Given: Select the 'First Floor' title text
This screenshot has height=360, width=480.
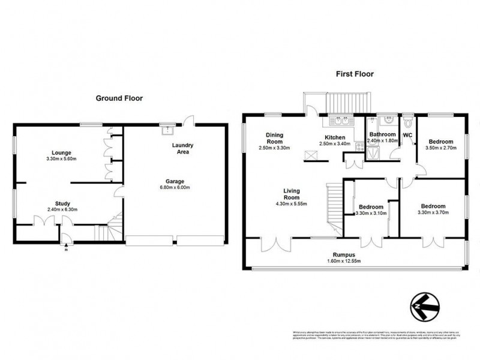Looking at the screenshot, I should click(x=354, y=74).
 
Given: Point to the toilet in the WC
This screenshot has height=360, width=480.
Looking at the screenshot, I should click(x=409, y=123).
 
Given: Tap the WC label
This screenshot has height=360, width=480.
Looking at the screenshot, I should click(x=408, y=135).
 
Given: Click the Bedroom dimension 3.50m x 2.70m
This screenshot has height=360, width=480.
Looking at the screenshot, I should click(x=441, y=148).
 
